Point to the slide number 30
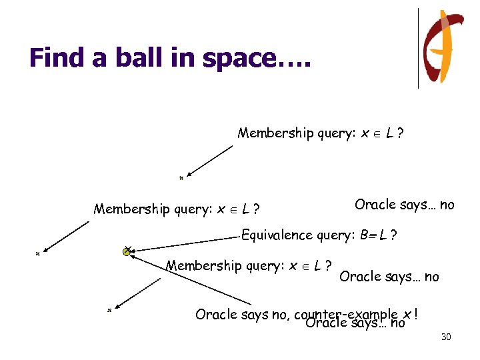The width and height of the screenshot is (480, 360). click(x=446, y=337)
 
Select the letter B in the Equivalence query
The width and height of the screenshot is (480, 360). click(x=363, y=235)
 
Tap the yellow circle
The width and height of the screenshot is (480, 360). click(x=127, y=251)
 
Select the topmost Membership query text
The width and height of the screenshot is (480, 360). click(x=319, y=133)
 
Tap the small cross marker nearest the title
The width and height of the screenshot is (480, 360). click(x=181, y=178)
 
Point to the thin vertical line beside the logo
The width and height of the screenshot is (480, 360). click(x=418, y=48)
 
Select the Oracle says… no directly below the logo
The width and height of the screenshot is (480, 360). click(x=404, y=205)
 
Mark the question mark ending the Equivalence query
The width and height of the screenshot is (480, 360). click(x=395, y=235)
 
